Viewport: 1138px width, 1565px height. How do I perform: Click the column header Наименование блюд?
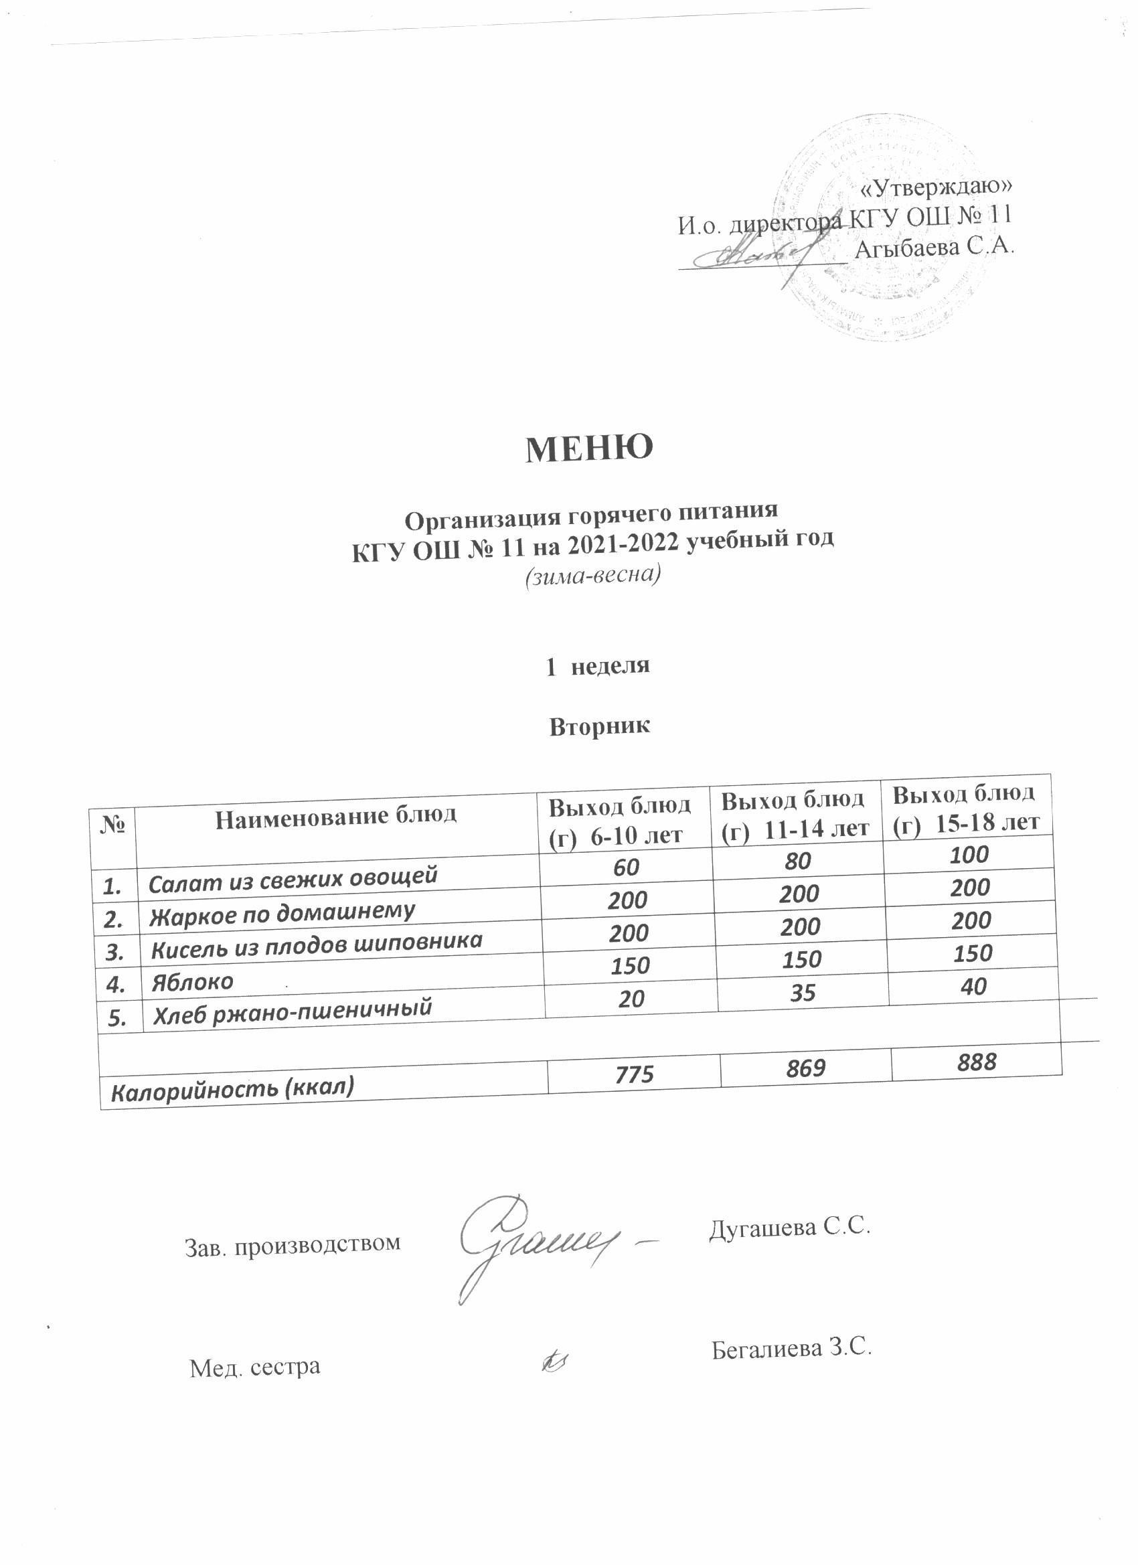click(x=336, y=817)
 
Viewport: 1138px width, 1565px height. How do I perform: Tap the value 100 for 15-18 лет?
click(x=969, y=855)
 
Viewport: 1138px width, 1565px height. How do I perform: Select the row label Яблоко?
click(x=193, y=983)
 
